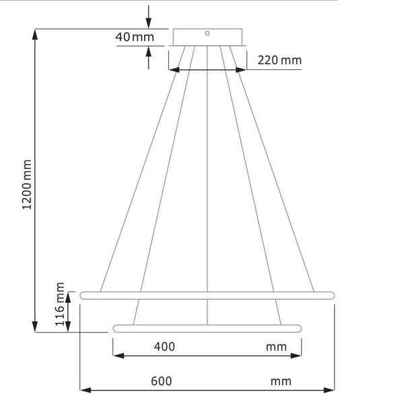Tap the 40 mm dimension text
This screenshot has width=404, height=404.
click(x=135, y=37)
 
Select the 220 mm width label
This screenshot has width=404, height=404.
click(x=279, y=61)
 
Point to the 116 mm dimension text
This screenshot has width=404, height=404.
click(x=61, y=304)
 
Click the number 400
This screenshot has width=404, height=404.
click(x=164, y=347)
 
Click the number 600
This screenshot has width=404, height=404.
click(x=162, y=381)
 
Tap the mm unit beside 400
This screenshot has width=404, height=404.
click(x=275, y=347)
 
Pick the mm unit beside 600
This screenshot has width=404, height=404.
click(x=281, y=381)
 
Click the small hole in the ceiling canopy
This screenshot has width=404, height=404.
click(x=207, y=32)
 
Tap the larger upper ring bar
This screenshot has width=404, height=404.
click(x=207, y=295)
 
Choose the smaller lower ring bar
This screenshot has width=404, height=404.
click(x=207, y=328)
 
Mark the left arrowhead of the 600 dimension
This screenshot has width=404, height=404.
click(x=85, y=389)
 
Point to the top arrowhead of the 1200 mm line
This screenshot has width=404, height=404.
click(x=35, y=34)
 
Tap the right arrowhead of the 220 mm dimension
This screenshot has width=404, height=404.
click(x=241, y=69)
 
